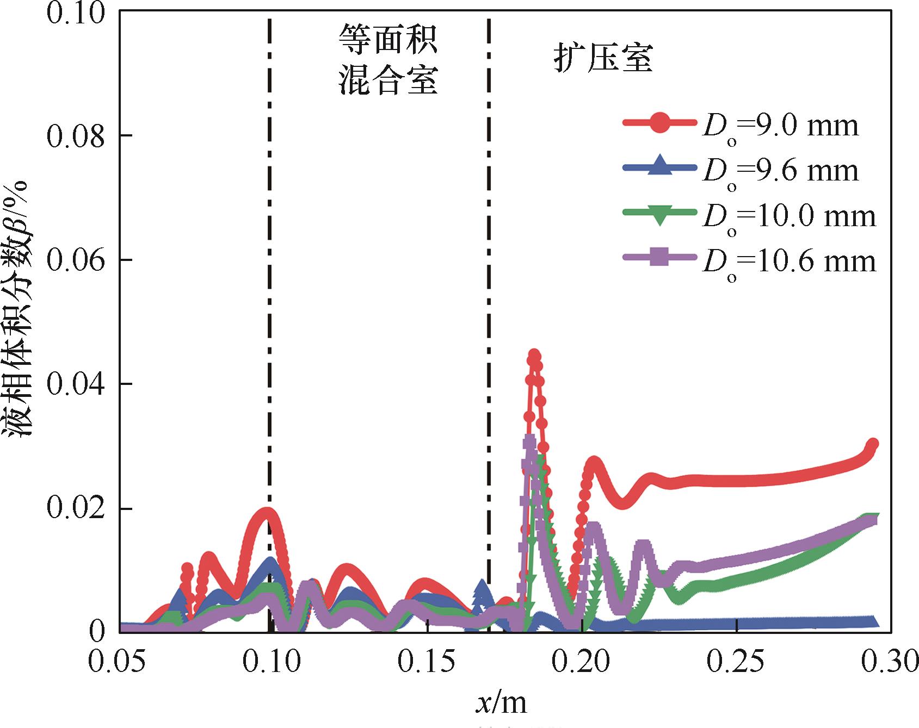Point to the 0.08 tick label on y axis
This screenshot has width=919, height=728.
pos(76,136)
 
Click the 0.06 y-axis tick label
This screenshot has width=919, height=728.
pos(76,260)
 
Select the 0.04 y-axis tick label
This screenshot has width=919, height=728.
pos(76,384)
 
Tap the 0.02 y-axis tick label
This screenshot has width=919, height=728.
pos(76,509)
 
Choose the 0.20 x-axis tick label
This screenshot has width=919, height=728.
pos(582,663)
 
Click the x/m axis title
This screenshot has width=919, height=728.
pos(501,703)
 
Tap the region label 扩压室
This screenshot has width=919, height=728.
pos(603,58)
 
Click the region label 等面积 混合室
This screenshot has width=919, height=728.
pos(388,60)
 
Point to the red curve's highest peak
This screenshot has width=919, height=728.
pos(534,354)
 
